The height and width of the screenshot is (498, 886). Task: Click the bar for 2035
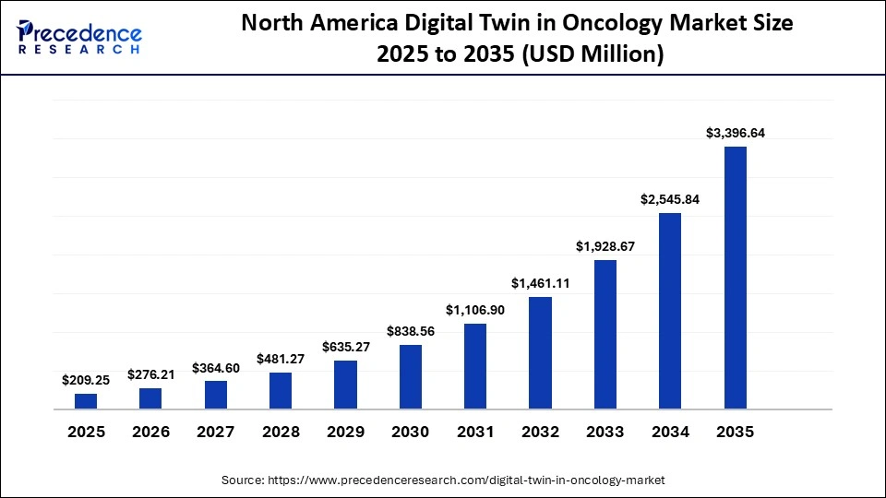735,277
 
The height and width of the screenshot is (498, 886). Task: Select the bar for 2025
86,400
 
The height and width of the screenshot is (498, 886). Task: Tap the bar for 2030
411,376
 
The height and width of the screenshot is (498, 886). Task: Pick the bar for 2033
605,334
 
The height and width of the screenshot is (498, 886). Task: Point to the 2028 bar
281,390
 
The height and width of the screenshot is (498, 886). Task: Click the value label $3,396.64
735,133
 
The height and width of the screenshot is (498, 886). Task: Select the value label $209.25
86,380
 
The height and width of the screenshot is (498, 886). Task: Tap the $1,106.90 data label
475,310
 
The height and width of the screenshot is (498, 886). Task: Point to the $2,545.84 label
670,199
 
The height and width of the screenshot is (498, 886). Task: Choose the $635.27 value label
345,347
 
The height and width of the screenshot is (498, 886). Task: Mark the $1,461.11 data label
541,283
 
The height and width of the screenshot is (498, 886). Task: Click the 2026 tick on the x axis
150,433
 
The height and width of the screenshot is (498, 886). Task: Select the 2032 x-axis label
541,433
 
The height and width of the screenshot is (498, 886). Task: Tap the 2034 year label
670,433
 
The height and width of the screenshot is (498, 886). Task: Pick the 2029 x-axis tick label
345,433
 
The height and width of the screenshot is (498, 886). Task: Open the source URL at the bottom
466,480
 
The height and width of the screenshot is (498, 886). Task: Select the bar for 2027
216,394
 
